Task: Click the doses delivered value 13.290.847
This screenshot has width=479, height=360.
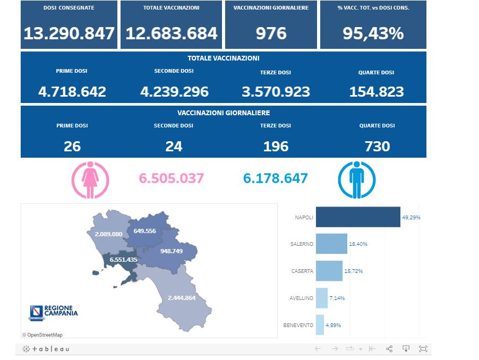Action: [69, 33]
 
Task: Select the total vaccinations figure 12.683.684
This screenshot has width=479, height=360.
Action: [172, 33]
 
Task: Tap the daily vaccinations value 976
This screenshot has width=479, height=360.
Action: [271, 33]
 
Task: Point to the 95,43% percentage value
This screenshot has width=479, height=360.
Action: [373, 33]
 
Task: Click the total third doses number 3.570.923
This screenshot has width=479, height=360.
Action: [276, 92]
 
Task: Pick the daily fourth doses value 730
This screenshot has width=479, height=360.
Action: [377, 146]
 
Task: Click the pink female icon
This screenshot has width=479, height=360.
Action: [90, 179]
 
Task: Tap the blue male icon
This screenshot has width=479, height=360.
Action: [357, 179]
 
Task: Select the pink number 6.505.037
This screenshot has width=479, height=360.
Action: [171, 178]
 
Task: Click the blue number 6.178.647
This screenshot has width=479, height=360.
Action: [275, 178]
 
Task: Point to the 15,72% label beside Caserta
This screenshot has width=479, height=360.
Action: [355, 271]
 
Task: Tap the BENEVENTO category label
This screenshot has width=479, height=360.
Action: [298, 325]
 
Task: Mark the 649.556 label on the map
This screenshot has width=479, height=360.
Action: [145, 230]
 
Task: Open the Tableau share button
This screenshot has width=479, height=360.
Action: [389, 349]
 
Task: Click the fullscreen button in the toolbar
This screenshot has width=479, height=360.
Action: [423, 349]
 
